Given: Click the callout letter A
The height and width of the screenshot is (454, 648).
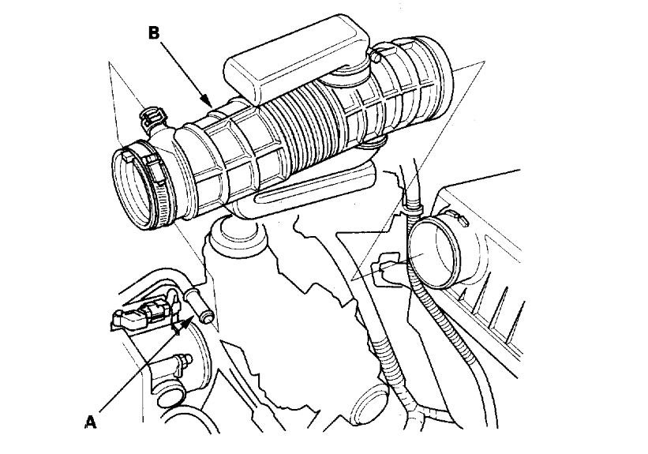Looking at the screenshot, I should click(x=91, y=422).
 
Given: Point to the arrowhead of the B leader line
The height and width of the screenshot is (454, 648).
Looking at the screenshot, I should click(x=209, y=106).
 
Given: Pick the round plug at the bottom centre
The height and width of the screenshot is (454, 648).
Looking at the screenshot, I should click(x=370, y=411).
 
